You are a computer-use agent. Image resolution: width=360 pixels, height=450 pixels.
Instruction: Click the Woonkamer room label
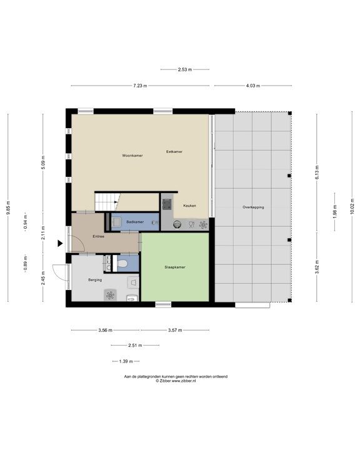(132, 155)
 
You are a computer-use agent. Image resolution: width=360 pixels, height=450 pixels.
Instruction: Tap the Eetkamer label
(174, 152)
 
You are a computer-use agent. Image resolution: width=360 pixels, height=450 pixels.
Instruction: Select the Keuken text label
(189, 205)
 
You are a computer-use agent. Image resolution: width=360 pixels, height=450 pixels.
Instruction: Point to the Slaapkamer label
(174, 267)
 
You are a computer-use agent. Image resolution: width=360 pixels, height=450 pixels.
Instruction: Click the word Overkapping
(253, 207)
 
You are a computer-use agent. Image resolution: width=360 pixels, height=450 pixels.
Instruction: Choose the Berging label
(94, 280)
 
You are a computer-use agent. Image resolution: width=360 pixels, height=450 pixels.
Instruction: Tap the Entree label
(98, 236)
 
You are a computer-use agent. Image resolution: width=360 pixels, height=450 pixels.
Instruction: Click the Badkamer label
(135, 222)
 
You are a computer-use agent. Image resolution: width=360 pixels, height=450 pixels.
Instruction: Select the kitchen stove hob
(167, 202)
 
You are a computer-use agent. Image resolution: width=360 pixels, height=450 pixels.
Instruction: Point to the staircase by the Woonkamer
(106, 201)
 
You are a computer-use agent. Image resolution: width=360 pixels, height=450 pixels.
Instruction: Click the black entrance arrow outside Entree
(60, 243)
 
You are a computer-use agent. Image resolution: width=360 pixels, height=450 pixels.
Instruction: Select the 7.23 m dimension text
(140, 86)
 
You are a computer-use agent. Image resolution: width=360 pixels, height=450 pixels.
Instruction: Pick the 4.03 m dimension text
(252, 86)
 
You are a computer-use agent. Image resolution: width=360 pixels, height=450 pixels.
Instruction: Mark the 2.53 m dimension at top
(184, 69)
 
